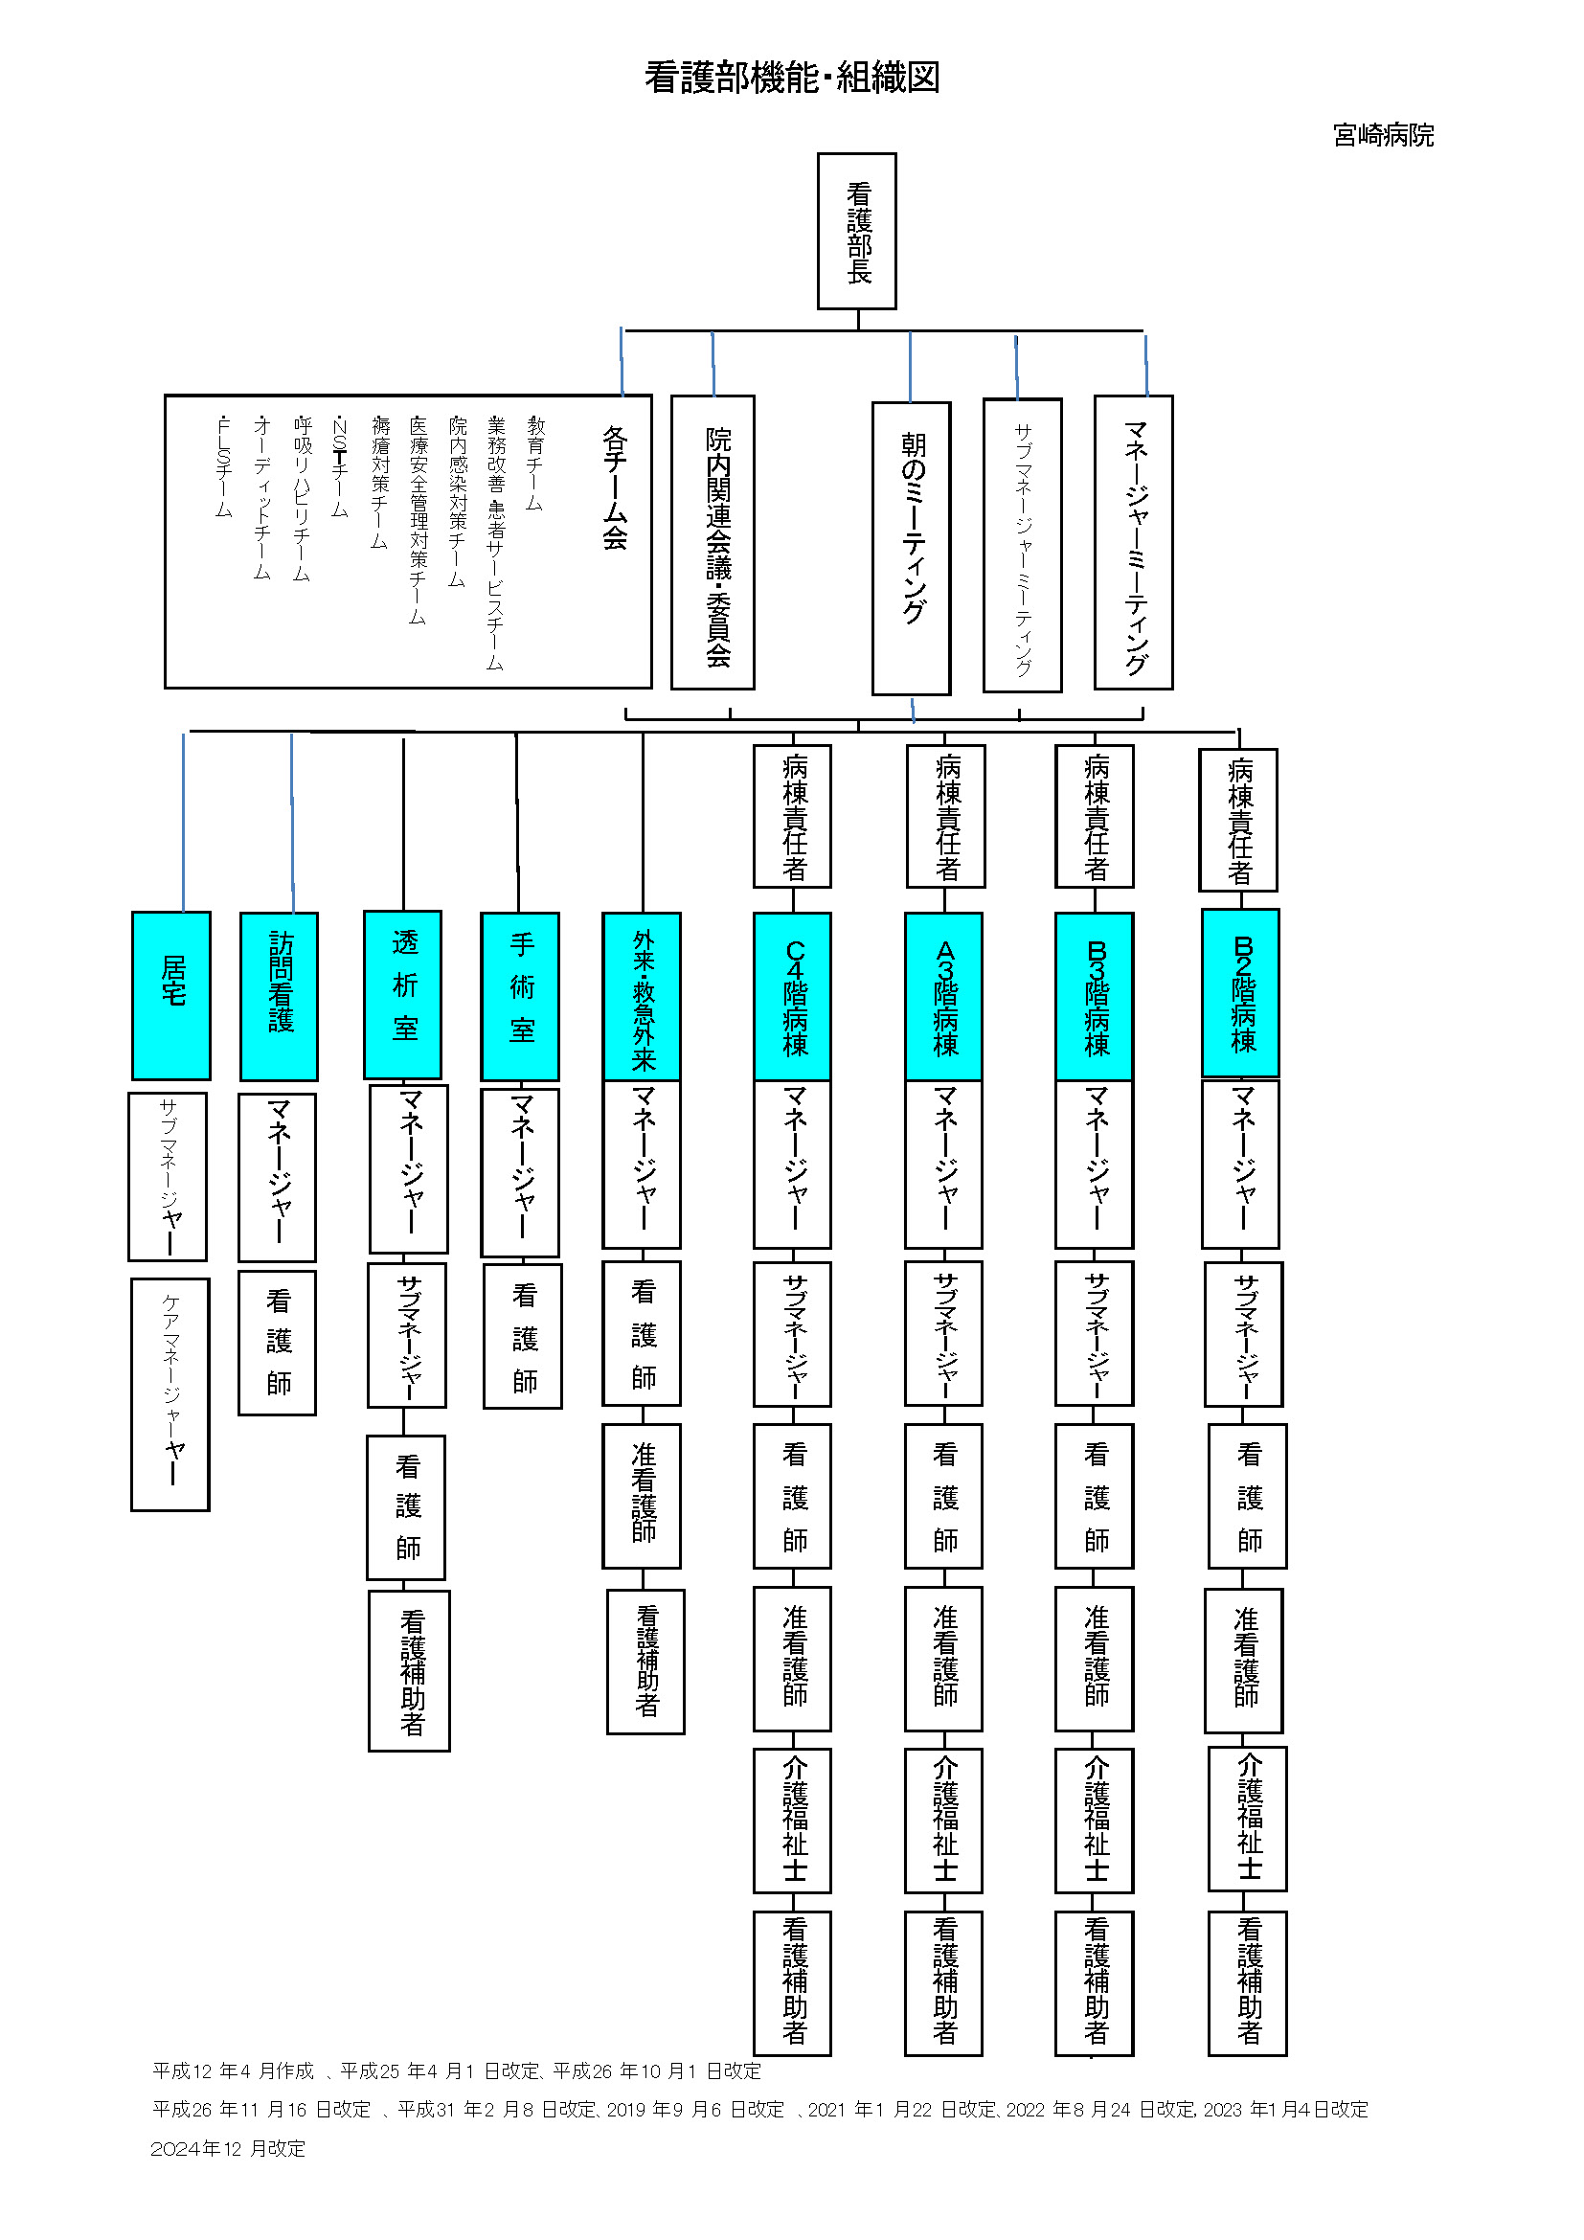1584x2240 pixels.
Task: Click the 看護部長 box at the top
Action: (856, 231)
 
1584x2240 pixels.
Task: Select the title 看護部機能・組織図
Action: (791, 77)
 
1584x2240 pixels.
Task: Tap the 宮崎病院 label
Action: (1382, 136)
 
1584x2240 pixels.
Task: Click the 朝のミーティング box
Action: (911, 548)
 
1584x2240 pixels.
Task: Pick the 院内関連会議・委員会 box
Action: (713, 542)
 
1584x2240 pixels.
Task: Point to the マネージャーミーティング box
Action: (1133, 542)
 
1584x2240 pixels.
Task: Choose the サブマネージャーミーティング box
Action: (1022, 545)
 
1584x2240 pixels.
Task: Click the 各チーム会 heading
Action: (615, 487)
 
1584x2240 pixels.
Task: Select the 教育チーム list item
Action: (535, 464)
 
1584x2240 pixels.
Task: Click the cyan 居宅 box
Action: (171, 995)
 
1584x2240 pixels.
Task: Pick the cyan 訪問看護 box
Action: (280, 996)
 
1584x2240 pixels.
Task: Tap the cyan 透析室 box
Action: (403, 994)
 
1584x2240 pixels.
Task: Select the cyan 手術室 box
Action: (521, 996)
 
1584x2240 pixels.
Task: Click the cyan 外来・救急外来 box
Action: (642, 996)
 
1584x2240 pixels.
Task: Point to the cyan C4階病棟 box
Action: (793, 996)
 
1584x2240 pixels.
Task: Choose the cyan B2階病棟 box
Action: (1240, 992)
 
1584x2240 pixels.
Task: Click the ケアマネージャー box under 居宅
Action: (170, 1394)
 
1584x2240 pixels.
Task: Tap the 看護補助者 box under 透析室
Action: (410, 1671)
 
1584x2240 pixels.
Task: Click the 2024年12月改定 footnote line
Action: (228, 2148)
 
